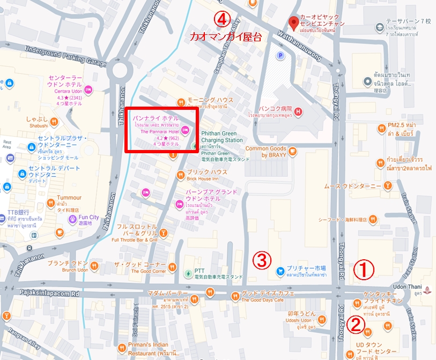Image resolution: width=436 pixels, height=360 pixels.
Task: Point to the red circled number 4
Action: coord(221,18)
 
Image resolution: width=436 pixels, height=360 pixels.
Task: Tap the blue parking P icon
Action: coord(279,55)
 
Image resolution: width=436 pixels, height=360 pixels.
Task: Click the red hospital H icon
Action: coord(298,111)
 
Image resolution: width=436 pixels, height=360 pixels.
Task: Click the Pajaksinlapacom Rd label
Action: coord(49,294)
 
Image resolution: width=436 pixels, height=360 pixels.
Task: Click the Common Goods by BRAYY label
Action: coord(266,152)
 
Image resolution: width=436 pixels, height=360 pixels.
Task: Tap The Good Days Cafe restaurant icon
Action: coord(234,296)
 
